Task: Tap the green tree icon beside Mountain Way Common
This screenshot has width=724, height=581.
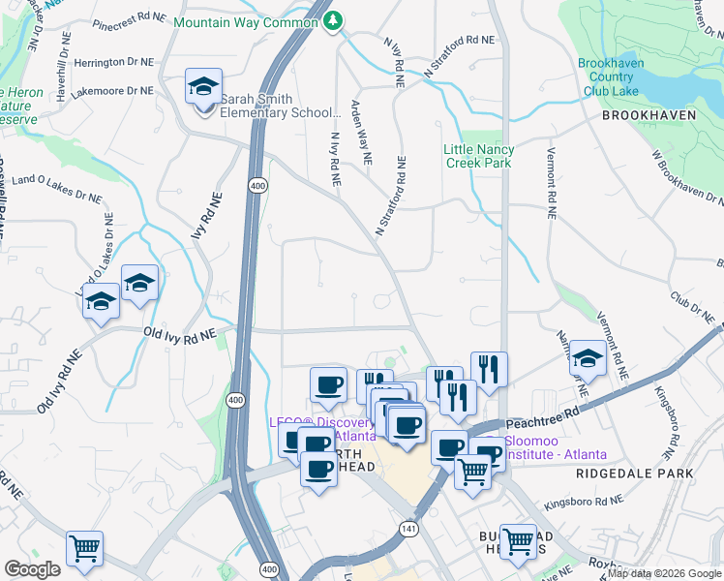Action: pyautogui.click(x=333, y=20)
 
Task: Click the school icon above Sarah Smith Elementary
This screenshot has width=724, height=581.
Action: pyautogui.click(x=204, y=87)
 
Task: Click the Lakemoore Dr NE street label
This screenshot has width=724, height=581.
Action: pyautogui.click(x=118, y=90)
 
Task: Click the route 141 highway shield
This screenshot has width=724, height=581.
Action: pyautogui.click(x=407, y=529)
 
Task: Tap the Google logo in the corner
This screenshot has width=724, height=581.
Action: pyautogui.click(x=32, y=569)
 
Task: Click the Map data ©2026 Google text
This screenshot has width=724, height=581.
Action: pyautogui.click(x=663, y=573)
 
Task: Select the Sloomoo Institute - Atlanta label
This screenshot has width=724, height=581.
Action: pyautogui.click(x=548, y=447)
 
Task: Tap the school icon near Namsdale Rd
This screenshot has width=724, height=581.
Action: pyautogui.click(x=587, y=358)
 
